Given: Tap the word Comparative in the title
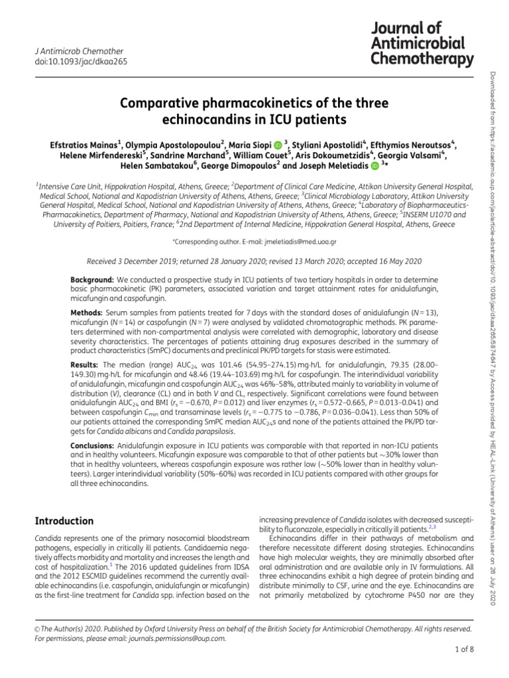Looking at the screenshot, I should coord(156,105).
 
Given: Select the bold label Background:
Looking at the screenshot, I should coord(92,280).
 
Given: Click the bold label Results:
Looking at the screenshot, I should coord(86,365).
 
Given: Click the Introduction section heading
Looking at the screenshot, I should coord(64,521).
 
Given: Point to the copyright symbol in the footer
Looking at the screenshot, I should coord(36,628).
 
